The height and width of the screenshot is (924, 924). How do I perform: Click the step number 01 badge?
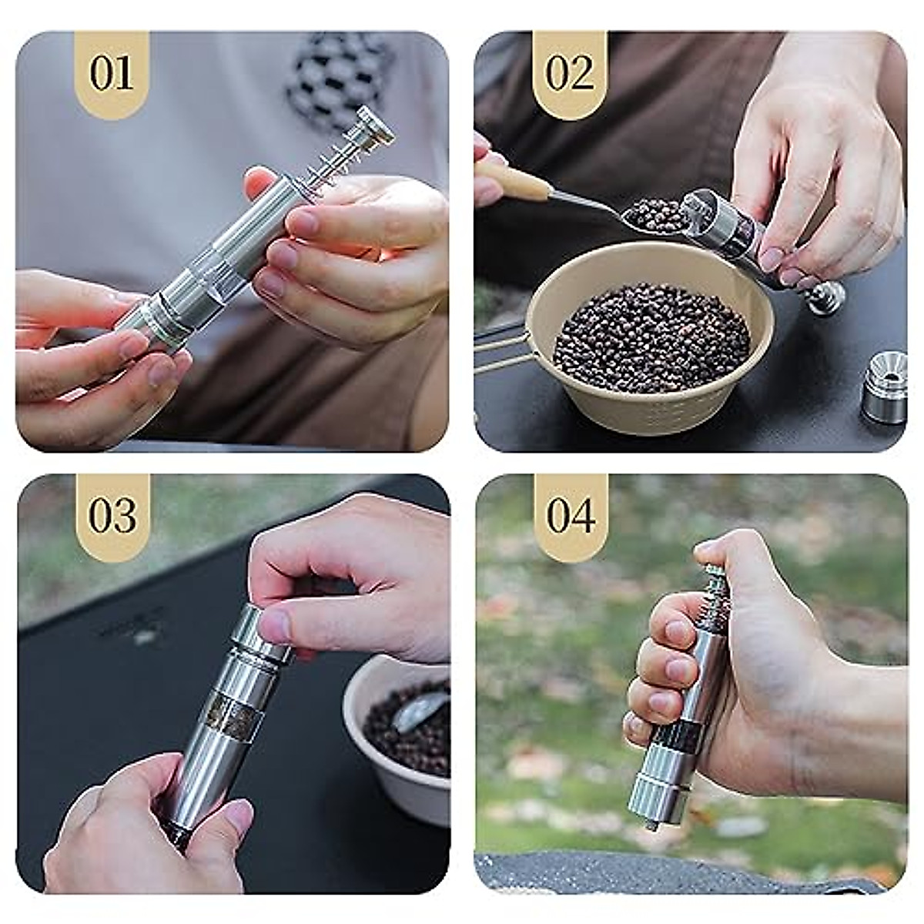(x=112, y=74)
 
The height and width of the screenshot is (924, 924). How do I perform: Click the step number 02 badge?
(x=570, y=74)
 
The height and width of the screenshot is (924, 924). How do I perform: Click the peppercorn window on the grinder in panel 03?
(x=232, y=712)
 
